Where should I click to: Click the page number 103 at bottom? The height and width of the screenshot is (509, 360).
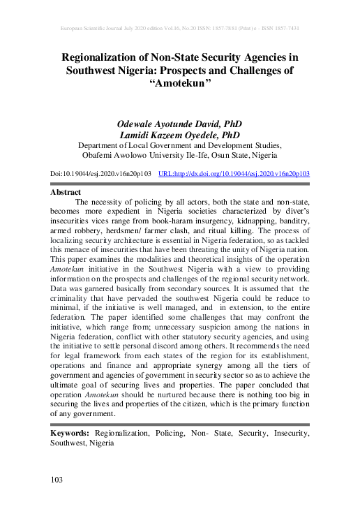57,479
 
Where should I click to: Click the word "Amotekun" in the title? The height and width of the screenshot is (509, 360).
181,83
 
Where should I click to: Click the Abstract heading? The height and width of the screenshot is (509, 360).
66,191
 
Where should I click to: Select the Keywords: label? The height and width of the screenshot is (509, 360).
69,434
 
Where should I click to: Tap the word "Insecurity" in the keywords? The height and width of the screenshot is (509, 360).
284,434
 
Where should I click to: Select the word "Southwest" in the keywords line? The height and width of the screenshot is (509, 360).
68,443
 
